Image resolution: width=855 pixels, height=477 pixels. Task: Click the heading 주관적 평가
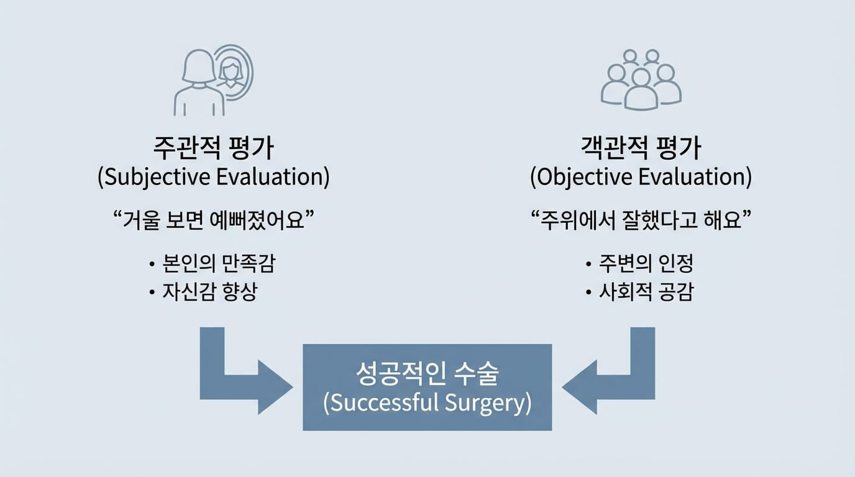tap(213, 148)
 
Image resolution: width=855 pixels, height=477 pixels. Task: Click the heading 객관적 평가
tap(641, 148)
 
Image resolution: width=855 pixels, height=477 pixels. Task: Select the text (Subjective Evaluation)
tap(214, 177)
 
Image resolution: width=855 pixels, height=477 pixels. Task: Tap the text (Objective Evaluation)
tap(641, 177)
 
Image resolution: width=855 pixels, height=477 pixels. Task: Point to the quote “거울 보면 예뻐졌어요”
tap(214, 220)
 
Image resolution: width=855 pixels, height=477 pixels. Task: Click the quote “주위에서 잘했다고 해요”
tap(641, 220)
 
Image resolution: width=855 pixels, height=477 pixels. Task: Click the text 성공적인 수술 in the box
tap(428, 373)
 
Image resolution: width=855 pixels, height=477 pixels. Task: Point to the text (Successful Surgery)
tap(428, 403)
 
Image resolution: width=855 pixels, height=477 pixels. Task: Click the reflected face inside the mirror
tap(231, 73)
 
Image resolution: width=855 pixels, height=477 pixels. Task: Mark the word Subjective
tap(157, 178)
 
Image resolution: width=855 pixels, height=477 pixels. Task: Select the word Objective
tap(583, 178)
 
